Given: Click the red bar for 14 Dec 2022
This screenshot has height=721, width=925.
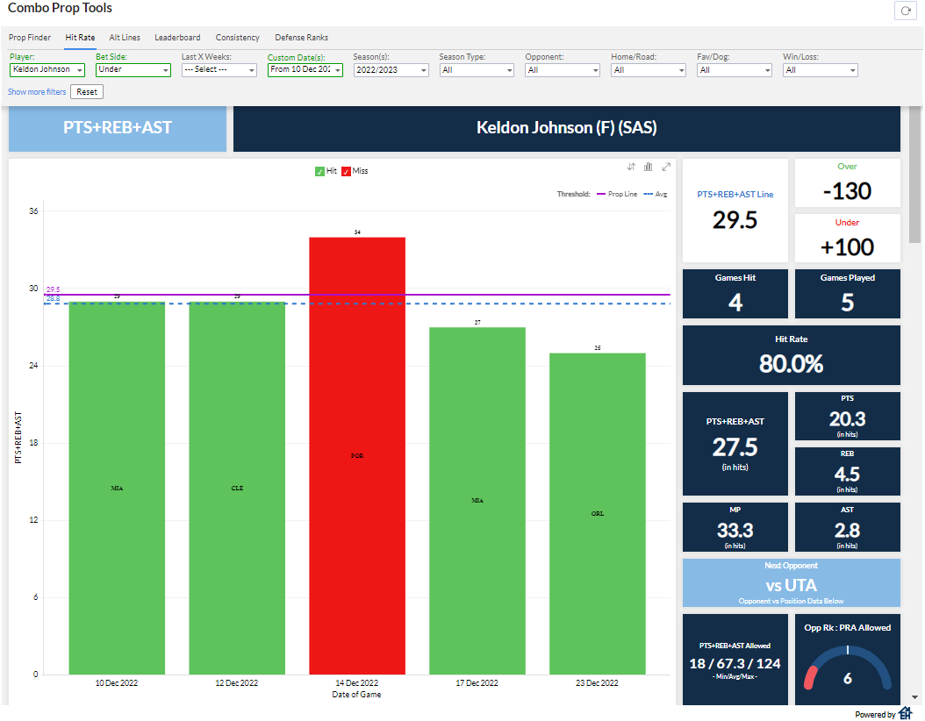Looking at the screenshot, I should [x=357, y=455].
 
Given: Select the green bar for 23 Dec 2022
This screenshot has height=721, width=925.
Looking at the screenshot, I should [x=597, y=513].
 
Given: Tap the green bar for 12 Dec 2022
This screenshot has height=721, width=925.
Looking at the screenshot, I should [x=237, y=488].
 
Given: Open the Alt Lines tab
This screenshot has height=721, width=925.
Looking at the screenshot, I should [x=125, y=38].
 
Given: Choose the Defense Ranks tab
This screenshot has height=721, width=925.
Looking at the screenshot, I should [x=301, y=38].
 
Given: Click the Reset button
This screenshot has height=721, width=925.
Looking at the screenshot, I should [x=87, y=92].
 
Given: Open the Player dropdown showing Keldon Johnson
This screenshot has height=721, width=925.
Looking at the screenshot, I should [x=47, y=70].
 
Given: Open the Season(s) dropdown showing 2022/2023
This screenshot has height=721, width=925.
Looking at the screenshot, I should [x=391, y=70].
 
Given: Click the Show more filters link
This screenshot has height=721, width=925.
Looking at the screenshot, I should [x=37, y=92].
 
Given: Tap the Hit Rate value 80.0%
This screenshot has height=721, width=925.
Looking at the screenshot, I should [x=791, y=363].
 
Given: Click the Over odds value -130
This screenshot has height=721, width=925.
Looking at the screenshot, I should [x=847, y=191].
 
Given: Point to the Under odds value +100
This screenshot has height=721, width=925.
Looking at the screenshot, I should [x=847, y=246].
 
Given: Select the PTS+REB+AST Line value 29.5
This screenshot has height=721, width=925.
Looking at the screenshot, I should [x=735, y=220].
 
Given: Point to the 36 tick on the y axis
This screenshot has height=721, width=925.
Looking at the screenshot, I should [x=33, y=211].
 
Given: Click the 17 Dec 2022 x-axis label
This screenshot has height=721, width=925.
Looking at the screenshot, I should [x=477, y=683].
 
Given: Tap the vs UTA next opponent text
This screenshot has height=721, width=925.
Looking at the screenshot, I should [x=791, y=585].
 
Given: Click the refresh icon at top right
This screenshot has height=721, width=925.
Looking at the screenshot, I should [x=905, y=11].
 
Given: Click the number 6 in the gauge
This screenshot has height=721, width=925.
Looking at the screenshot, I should [x=847, y=678].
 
